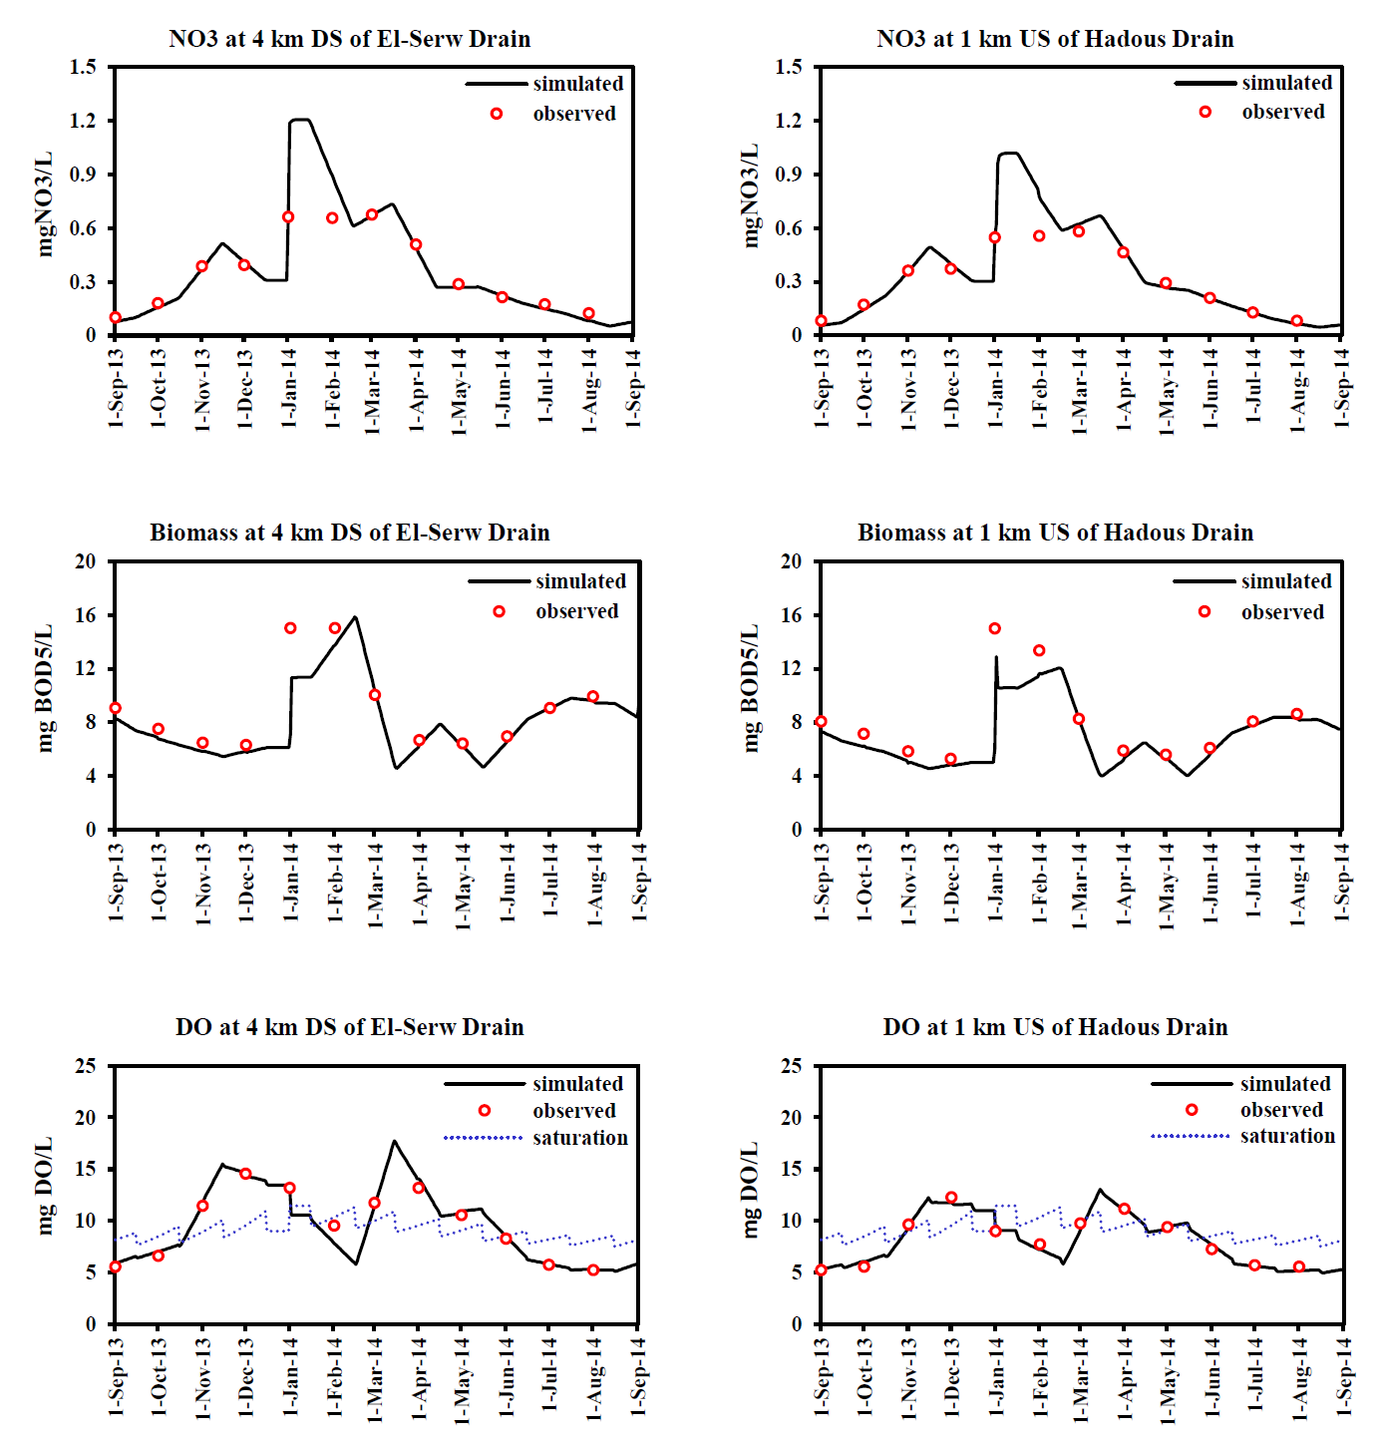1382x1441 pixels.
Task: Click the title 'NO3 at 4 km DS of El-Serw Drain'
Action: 349,39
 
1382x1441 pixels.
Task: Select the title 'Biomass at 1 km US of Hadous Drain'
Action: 1055,533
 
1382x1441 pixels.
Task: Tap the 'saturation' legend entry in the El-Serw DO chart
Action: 579,1138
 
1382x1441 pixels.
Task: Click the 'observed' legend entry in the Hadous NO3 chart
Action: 1283,112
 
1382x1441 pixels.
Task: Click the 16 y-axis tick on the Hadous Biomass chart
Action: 792,615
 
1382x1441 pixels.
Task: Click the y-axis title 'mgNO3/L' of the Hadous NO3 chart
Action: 751,195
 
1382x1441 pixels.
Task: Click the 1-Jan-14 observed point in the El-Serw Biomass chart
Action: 290,628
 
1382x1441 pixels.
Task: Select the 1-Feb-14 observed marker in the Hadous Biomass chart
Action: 1039,650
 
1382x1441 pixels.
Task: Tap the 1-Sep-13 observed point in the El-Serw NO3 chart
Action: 115,318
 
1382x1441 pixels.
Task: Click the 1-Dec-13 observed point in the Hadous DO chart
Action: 951,1198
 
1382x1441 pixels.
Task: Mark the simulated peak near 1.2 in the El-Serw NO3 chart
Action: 300,120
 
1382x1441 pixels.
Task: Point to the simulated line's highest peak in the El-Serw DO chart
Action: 395,1141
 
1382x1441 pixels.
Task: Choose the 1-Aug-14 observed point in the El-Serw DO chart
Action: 593,1269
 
